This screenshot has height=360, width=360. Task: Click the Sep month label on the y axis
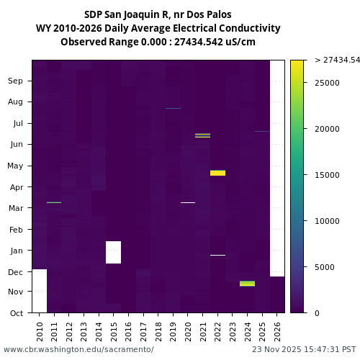coord(15,81)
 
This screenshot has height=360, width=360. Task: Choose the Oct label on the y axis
coord(16,313)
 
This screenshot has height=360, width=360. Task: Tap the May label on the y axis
coord(15,166)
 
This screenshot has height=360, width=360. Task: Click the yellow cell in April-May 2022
coord(217,173)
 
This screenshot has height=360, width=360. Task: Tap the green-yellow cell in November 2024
coord(247,284)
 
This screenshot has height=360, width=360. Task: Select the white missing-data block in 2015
coord(113,252)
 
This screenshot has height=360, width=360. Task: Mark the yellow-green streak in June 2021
coord(202,135)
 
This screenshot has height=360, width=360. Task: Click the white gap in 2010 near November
coord(40,291)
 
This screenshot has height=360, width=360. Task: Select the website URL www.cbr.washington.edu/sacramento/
coord(78,349)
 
